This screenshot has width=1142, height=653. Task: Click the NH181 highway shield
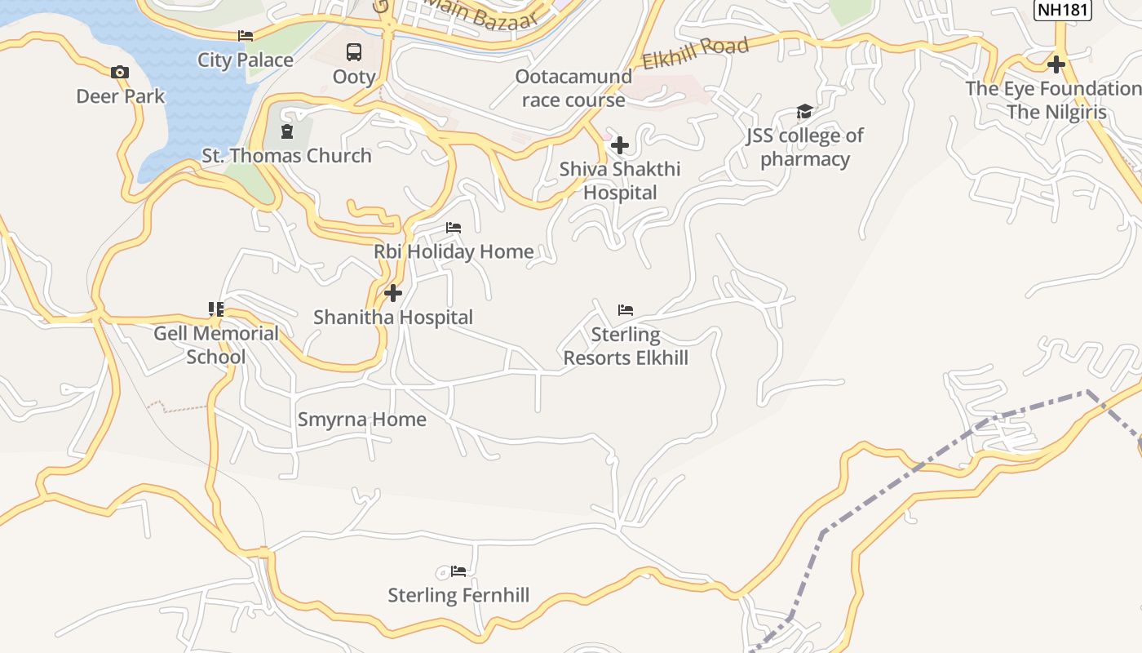pos(1062,10)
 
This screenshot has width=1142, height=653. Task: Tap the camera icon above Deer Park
pos(120,73)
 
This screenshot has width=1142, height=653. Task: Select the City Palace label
pos(246,60)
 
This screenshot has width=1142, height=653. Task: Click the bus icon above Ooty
pos(354,52)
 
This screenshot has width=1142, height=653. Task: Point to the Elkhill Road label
pos(695,54)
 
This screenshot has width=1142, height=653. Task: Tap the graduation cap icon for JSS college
pos(804,112)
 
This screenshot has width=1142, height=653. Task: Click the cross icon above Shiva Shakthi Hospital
pos(620,145)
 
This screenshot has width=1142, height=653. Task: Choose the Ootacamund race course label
pos(573,88)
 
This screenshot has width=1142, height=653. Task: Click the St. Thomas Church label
pos(287,155)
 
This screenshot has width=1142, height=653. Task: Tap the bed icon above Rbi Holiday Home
pos(454,228)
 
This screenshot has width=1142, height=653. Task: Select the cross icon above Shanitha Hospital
pos(393,293)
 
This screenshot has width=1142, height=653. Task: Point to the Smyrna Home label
pos(362,420)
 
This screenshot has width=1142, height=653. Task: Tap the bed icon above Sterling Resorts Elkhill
pos(626,310)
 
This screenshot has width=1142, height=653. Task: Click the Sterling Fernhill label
pos(458,595)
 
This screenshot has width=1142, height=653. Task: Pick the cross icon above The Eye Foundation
pos(1056,64)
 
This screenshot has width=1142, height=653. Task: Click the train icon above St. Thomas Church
pos(286,131)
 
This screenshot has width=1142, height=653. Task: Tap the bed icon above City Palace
pos(246,36)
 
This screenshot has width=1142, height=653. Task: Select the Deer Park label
pos(121,96)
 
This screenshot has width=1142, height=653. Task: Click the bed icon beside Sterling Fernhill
pos(458,571)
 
